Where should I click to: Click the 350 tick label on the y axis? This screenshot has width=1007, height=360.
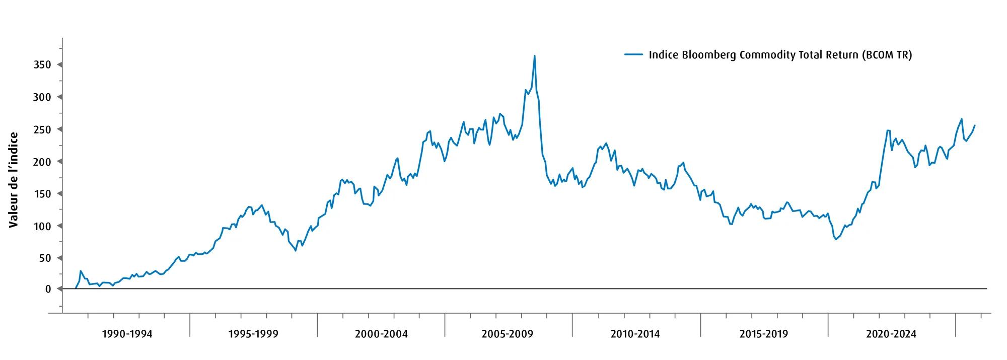pyautogui.click(x=43, y=65)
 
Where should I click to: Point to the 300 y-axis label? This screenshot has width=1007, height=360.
pyautogui.click(x=43, y=97)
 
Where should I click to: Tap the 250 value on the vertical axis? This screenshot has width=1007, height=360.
pyautogui.click(x=43, y=129)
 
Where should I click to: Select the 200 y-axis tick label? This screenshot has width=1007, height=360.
pyautogui.click(x=43, y=162)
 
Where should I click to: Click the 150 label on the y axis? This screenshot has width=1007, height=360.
pyautogui.click(x=43, y=194)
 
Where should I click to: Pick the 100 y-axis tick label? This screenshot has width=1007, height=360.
pyautogui.click(x=43, y=226)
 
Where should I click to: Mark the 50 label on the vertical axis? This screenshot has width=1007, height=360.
pyautogui.click(x=45, y=258)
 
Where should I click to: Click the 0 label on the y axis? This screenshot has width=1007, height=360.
pyautogui.click(x=48, y=289)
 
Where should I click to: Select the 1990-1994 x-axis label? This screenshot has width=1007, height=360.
pyautogui.click(x=127, y=334)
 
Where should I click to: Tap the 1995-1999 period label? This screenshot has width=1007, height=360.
pyautogui.click(x=253, y=334)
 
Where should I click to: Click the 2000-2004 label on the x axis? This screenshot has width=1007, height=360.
pyautogui.click(x=381, y=334)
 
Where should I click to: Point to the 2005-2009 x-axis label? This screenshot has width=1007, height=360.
pyautogui.click(x=508, y=334)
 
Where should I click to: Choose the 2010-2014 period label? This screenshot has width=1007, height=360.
pyautogui.click(x=635, y=334)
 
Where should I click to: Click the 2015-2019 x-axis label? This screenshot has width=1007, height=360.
pyautogui.click(x=764, y=334)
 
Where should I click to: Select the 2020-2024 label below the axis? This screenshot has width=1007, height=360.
pyautogui.click(x=891, y=334)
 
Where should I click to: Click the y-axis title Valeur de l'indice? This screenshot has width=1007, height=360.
pyautogui.click(x=14, y=180)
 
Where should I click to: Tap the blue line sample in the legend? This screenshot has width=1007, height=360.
pyautogui.click(x=633, y=54)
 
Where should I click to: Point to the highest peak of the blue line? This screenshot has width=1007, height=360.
pyautogui.click(x=534, y=56)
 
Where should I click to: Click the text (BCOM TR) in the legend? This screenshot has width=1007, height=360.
pyautogui.click(x=887, y=55)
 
